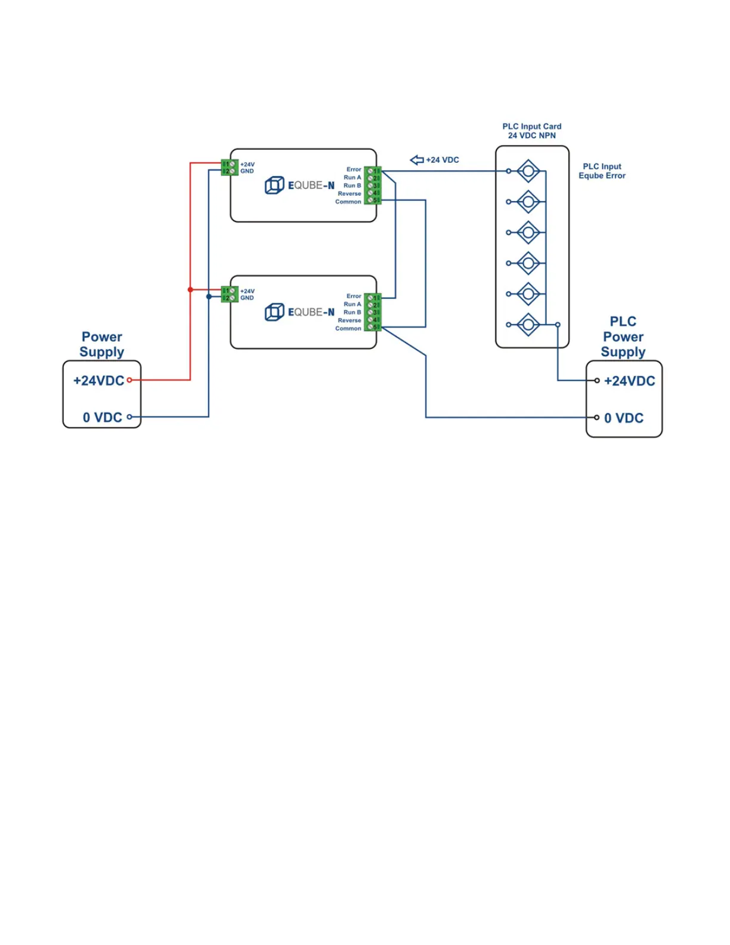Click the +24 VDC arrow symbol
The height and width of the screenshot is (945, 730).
[417, 160]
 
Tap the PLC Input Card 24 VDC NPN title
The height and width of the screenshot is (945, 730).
[531, 131]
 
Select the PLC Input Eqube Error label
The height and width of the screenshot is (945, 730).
[602, 171]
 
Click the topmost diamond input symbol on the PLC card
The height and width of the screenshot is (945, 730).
[528, 171]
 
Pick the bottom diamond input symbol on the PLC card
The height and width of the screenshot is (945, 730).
[528, 325]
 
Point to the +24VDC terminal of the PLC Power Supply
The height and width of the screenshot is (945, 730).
[597, 381]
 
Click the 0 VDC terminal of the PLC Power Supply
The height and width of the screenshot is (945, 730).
[596, 418]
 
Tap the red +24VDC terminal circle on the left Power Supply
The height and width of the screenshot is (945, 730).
[129, 380]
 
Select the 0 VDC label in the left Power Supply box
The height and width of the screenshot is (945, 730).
[103, 418]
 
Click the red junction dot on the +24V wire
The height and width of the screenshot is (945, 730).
[190, 290]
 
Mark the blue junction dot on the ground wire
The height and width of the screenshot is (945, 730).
[209, 297]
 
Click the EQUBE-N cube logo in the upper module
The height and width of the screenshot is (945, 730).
[274, 185]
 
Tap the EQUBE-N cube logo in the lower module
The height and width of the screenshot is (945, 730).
[274, 312]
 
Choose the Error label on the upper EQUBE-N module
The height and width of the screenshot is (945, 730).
[354, 169]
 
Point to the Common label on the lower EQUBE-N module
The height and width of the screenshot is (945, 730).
[348, 329]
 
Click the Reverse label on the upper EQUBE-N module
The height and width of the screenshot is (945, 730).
[349, 194]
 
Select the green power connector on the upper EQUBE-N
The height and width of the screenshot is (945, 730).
[230, 168]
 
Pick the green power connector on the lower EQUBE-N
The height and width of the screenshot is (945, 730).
[230, 294]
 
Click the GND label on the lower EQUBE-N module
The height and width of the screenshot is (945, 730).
[247, 298]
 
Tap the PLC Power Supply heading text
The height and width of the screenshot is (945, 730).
[623, 337]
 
